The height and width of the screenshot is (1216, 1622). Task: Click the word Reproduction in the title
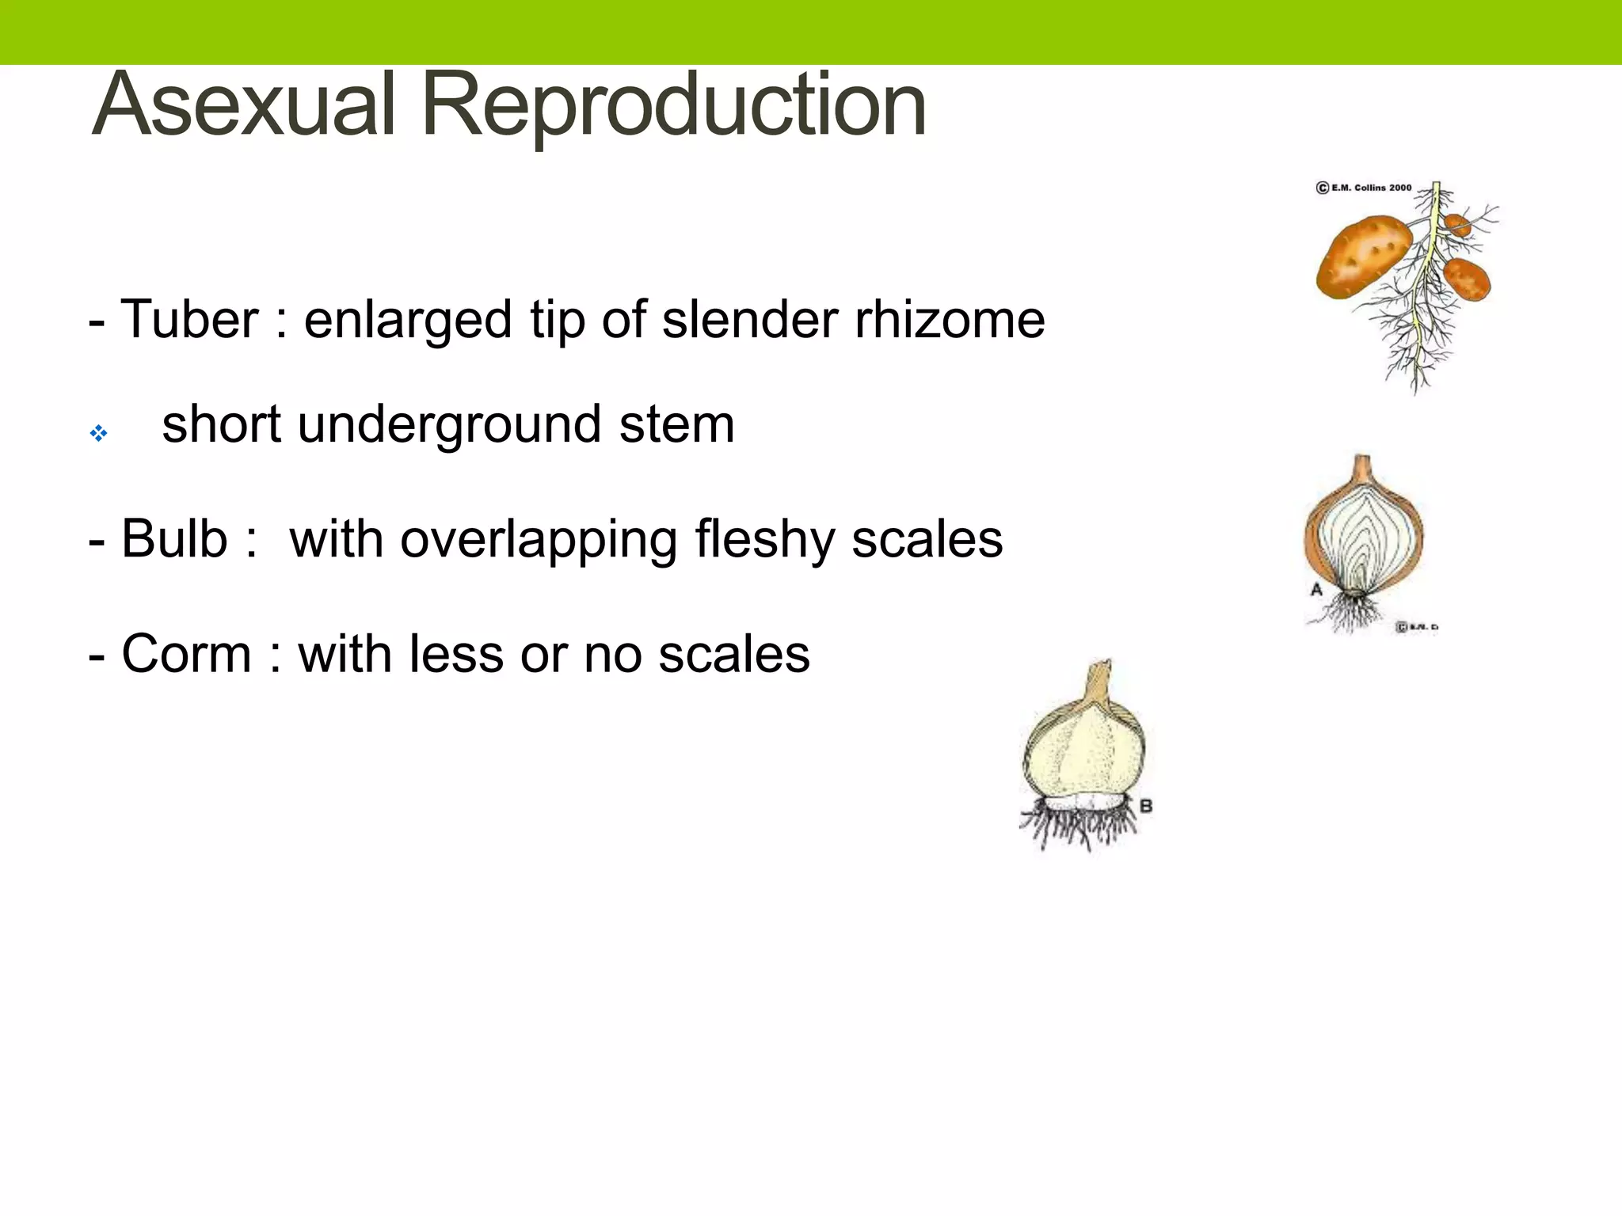click(x=673, y=105)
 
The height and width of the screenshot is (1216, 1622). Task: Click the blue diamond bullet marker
click(x=98, y=433)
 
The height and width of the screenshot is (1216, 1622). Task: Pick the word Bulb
click(x=174, y=539)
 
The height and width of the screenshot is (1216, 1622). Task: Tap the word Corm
click(x=186, y=655)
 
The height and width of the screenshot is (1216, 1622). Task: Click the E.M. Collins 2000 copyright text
click(x=1364, y=188)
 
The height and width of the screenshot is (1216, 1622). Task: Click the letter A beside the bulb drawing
click(x=1316, y=590)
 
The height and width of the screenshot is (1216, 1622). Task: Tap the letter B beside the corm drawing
click(x=1145, y=807)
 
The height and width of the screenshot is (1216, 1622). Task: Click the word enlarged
click(x=407, y=321)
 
